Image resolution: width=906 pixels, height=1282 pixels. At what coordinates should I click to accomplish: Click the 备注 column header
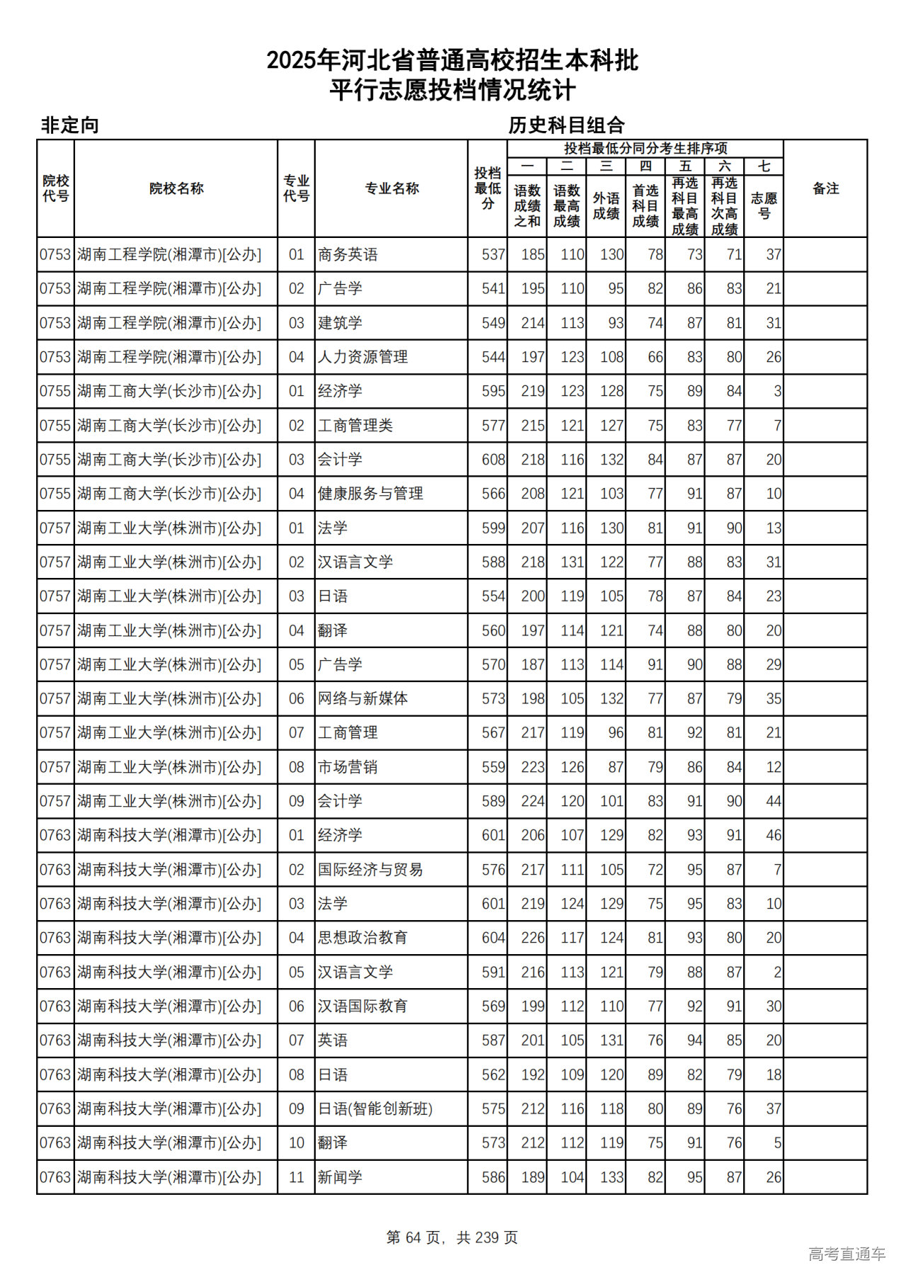coord(825,188)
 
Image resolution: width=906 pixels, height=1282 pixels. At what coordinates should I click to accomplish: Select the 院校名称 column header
coord(176,188)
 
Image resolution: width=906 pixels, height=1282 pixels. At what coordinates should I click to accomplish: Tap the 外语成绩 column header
coord(606,205)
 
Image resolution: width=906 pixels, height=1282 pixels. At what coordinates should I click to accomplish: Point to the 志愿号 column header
coord(764,205)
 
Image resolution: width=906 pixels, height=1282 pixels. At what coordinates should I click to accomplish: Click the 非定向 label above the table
coord(69,125)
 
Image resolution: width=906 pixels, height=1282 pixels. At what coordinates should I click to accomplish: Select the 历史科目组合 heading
coord(566,125)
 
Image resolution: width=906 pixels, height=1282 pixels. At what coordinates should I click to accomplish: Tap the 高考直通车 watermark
coord(847,1254)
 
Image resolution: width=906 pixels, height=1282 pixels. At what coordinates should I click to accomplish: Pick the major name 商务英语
coord(348,254)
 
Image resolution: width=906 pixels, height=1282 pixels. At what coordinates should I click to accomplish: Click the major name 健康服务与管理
coord(370,494)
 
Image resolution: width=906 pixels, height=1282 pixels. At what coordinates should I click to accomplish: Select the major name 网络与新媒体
coord(362,698)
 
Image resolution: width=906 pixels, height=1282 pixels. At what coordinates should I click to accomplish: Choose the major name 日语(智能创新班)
coord(375,1108)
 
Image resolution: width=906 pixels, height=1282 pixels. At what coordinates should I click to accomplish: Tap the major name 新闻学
coord(340,1177)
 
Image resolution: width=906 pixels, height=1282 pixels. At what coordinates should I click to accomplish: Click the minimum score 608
coord(493,460)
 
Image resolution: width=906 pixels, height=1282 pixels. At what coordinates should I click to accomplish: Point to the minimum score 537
coord(493,254)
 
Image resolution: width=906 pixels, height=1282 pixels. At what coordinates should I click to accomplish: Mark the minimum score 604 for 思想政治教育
coord(493,938)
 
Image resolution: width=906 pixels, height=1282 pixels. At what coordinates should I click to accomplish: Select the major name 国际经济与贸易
coord(370,869)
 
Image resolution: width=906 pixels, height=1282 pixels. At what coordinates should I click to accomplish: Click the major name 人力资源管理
coord(362,357)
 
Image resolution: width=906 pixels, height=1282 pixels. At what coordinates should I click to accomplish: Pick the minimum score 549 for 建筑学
coord(493,323)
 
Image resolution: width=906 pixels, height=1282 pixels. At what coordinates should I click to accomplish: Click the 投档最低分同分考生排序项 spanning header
coord(646,148)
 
